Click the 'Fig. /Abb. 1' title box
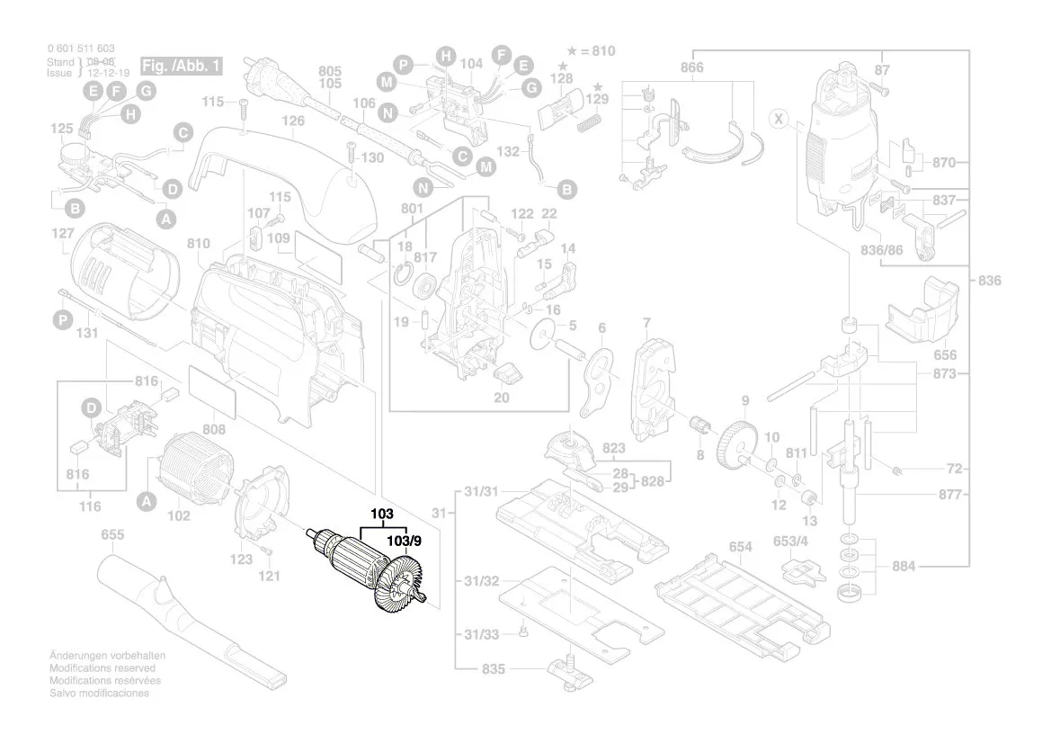(x=180, y=67)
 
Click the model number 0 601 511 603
(x=80, y=49)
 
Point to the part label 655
(x=112, y=535)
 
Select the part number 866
(x=691, y=68)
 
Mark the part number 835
(x=494, y=670)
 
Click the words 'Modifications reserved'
(x=101, y=668)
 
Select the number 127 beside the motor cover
(x=62, y=234)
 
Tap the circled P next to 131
(x=62, y=319)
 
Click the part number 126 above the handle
(x=293, y=121)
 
